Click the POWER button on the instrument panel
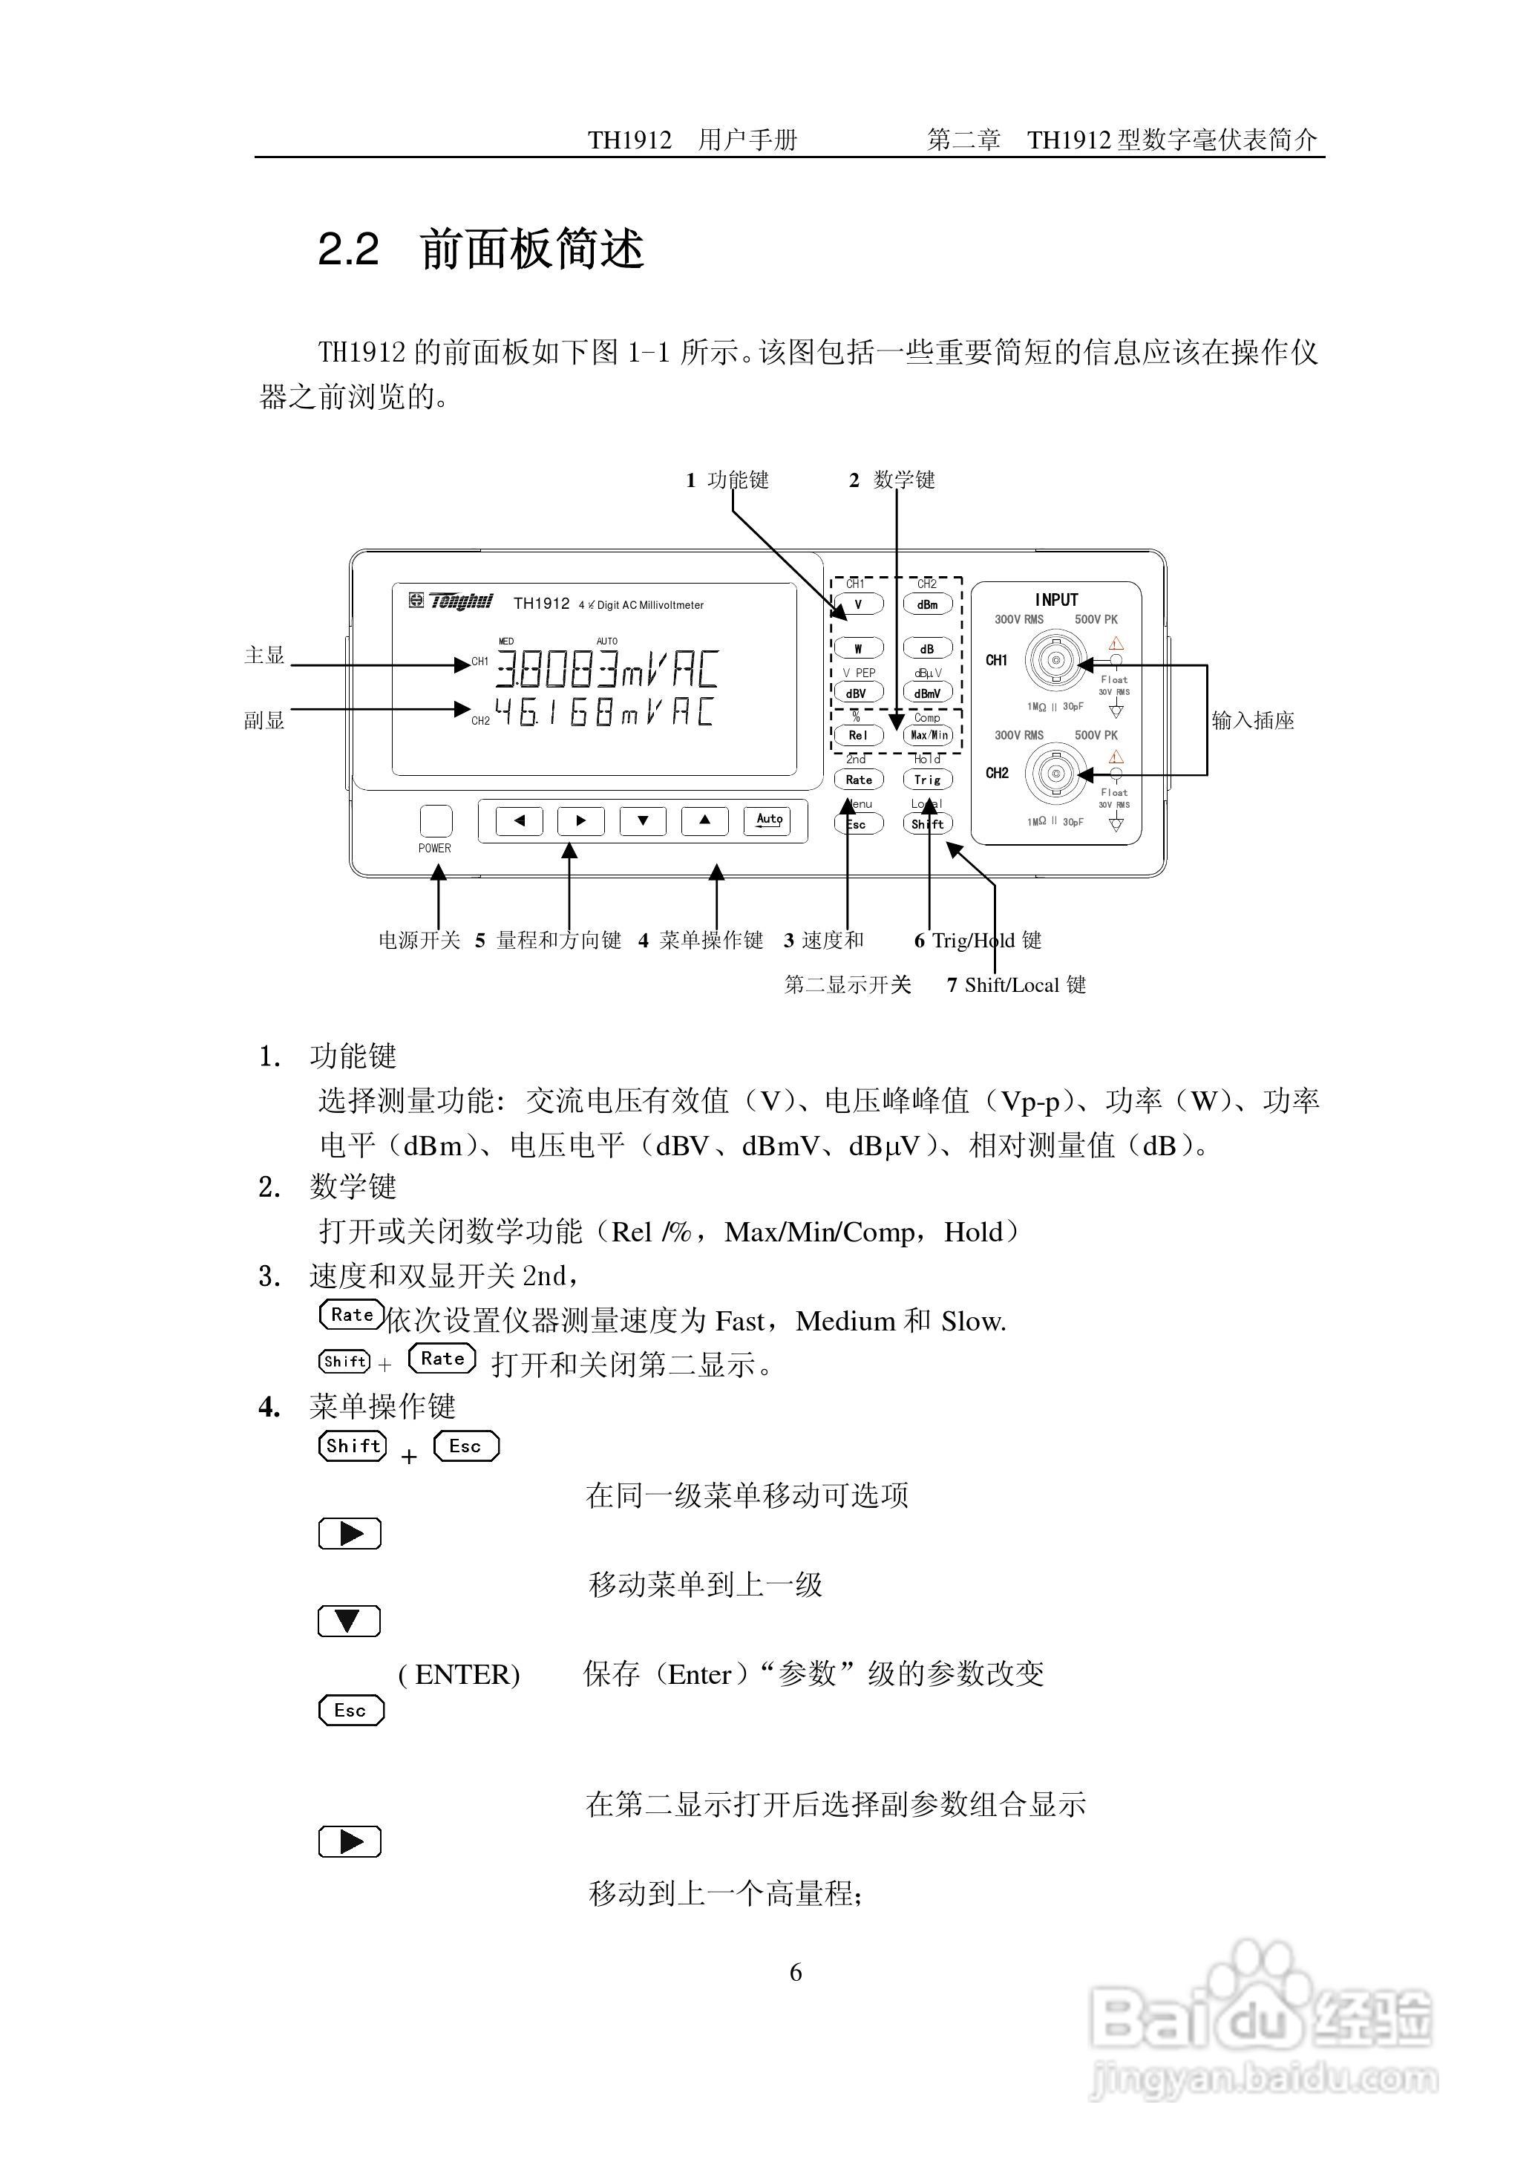coord(435,820)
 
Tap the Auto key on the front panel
coord(769,820)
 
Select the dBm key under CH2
coord(927,604)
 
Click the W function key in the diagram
coord(857,649)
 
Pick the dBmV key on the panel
coord(927,693)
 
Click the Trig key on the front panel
coord(927,780)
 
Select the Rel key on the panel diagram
coord(857,735)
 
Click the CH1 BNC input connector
coord(1055,660)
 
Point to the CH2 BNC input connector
coord(1055,774)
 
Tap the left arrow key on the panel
coord(519,820)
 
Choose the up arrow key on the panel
coord(704,820)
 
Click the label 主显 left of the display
coord(264,656)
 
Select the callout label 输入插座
coord(1252,721)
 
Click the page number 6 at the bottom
coord(795,1973)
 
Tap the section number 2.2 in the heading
coord(348,250)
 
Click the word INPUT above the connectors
coord(1055,600)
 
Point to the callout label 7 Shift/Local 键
coord(1016,984)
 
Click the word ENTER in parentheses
coord(467,1674)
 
